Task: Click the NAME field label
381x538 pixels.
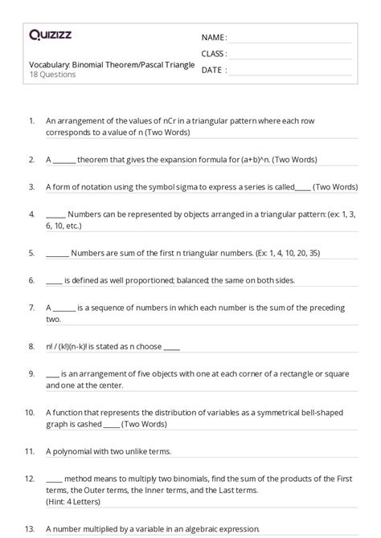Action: coord(213,38)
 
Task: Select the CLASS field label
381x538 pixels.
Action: coord(213,54)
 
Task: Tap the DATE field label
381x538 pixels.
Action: coord(211,70)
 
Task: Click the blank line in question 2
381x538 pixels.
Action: coord(65,161)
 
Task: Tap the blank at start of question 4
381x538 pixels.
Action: coord(55,215)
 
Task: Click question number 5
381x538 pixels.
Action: coord(31,252)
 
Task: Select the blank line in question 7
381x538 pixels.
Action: coord(65,308)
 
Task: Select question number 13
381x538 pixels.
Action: coord(30,528)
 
